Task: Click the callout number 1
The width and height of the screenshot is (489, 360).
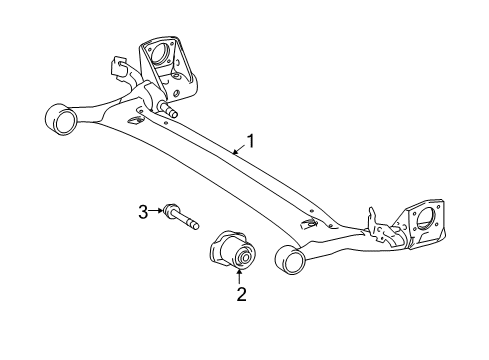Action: click(250, 142)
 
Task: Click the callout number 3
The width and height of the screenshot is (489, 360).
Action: click(143, 210)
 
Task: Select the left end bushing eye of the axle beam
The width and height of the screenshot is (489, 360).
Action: click(63, 120)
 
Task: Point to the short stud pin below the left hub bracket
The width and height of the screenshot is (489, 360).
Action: click(166, 108)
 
